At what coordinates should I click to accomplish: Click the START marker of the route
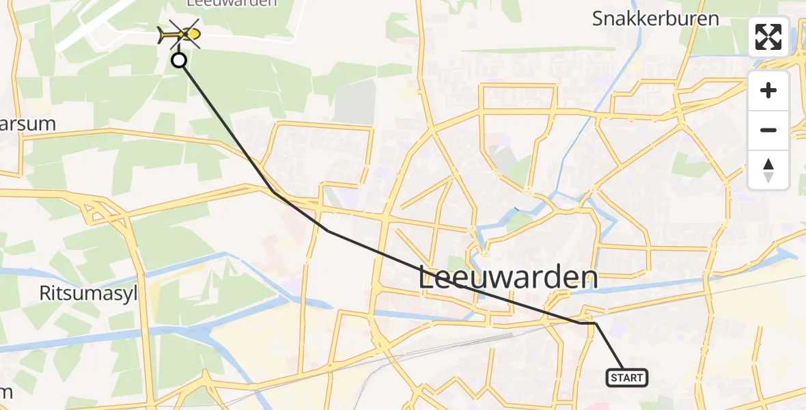626,377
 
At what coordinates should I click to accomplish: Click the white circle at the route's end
179,61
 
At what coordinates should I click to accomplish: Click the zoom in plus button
768,90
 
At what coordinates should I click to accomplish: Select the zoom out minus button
768,130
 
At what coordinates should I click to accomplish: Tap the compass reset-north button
768,170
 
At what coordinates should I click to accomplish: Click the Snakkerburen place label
655,18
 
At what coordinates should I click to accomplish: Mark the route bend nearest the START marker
595,323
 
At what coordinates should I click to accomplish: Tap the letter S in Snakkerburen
599,18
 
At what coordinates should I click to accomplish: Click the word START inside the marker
626,378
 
